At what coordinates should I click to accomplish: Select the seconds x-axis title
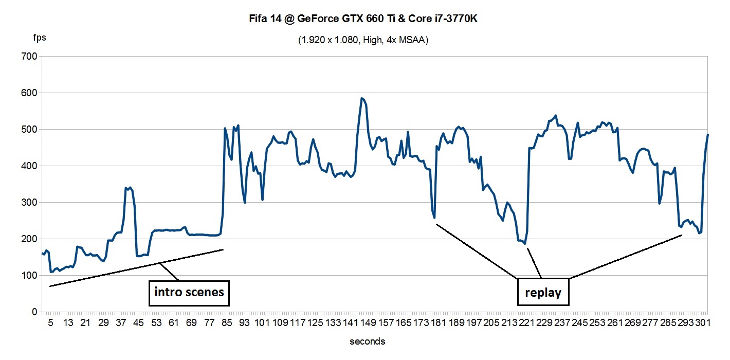click(367, 341)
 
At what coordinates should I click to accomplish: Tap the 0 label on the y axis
click(34, 312)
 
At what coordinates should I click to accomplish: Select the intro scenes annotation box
click(189, 293)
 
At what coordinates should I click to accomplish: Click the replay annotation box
click(543, 293)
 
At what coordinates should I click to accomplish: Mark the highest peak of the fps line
click(362, 98)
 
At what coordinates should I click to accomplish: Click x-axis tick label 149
click(368, 322)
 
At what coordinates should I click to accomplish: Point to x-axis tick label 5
click(50, 322)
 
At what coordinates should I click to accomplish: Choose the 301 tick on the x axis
click(702, 322)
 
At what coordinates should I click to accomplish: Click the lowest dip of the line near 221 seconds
click(524, 243)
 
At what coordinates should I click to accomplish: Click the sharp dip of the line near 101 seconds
click(262, 200)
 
